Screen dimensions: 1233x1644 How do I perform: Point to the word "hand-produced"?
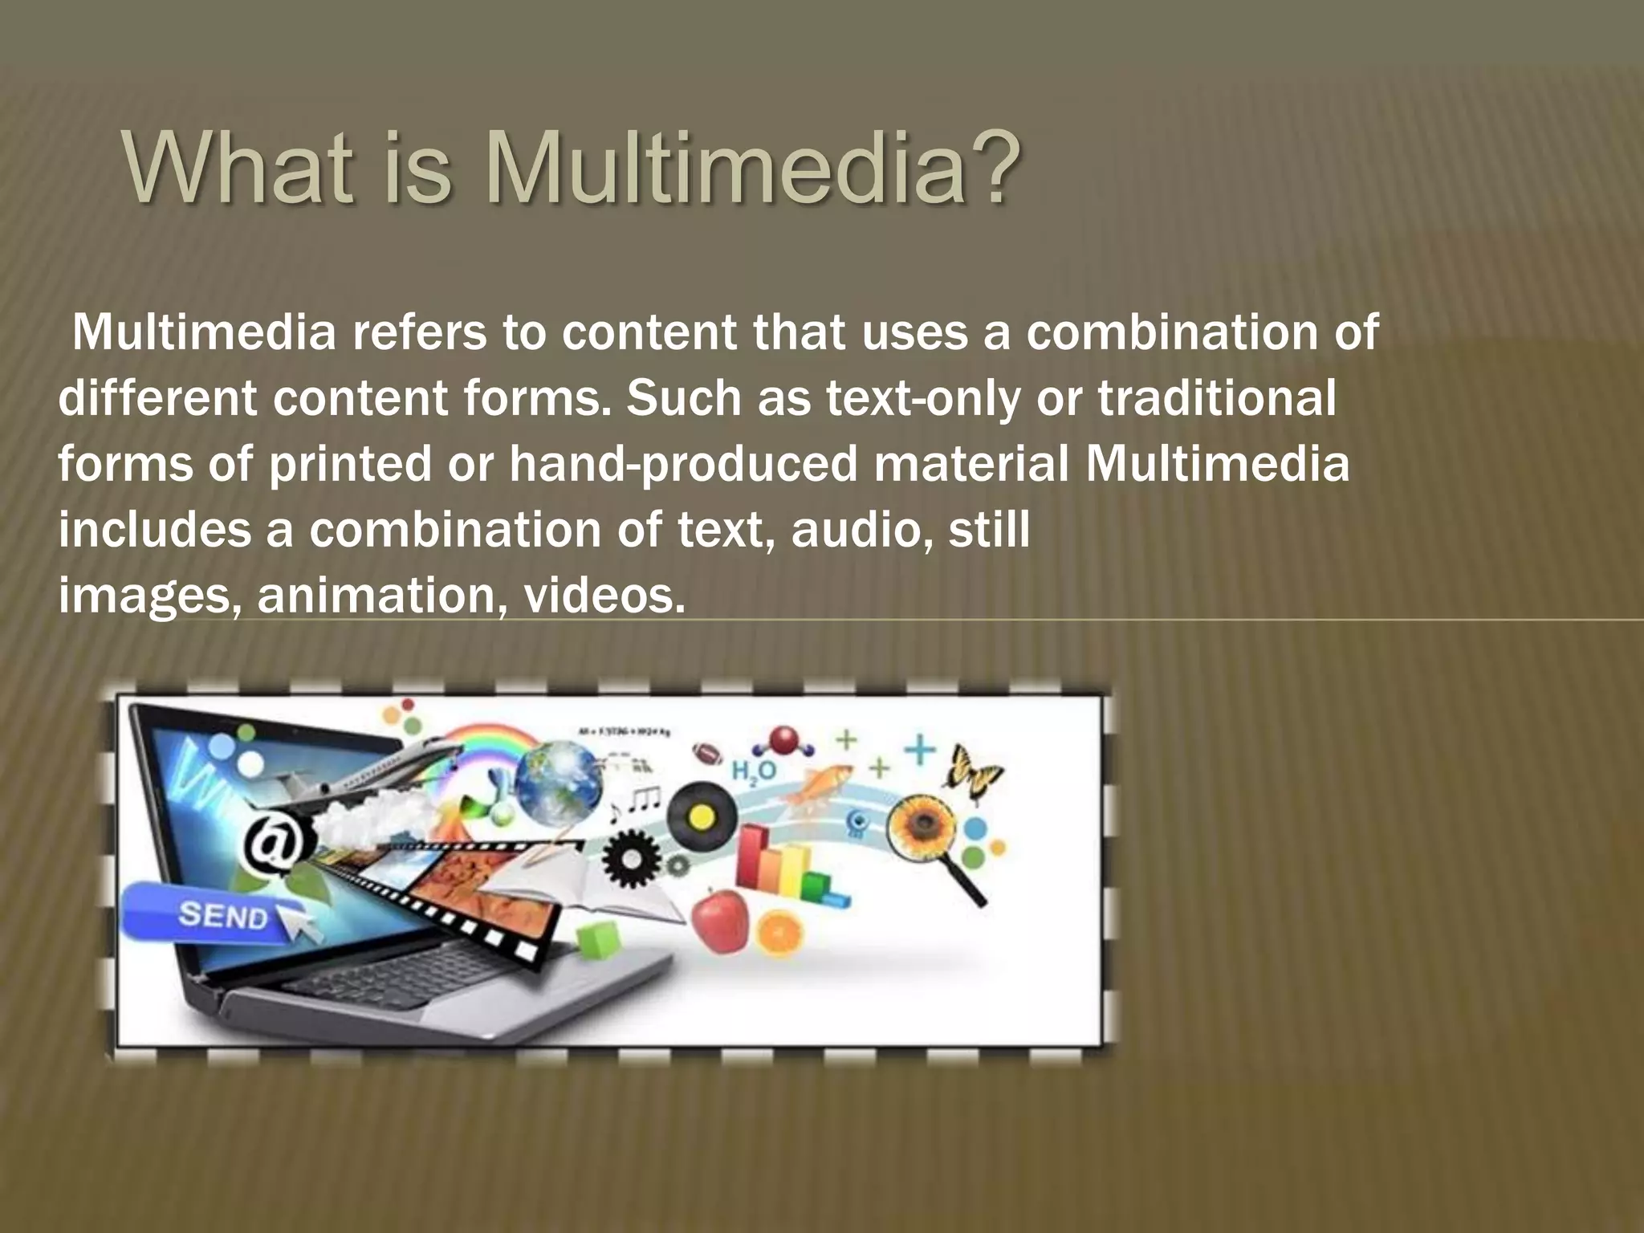point(683,464)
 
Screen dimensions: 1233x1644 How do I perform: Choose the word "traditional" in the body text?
point(1217,398)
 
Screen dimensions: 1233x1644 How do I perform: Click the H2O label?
point(753,771)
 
